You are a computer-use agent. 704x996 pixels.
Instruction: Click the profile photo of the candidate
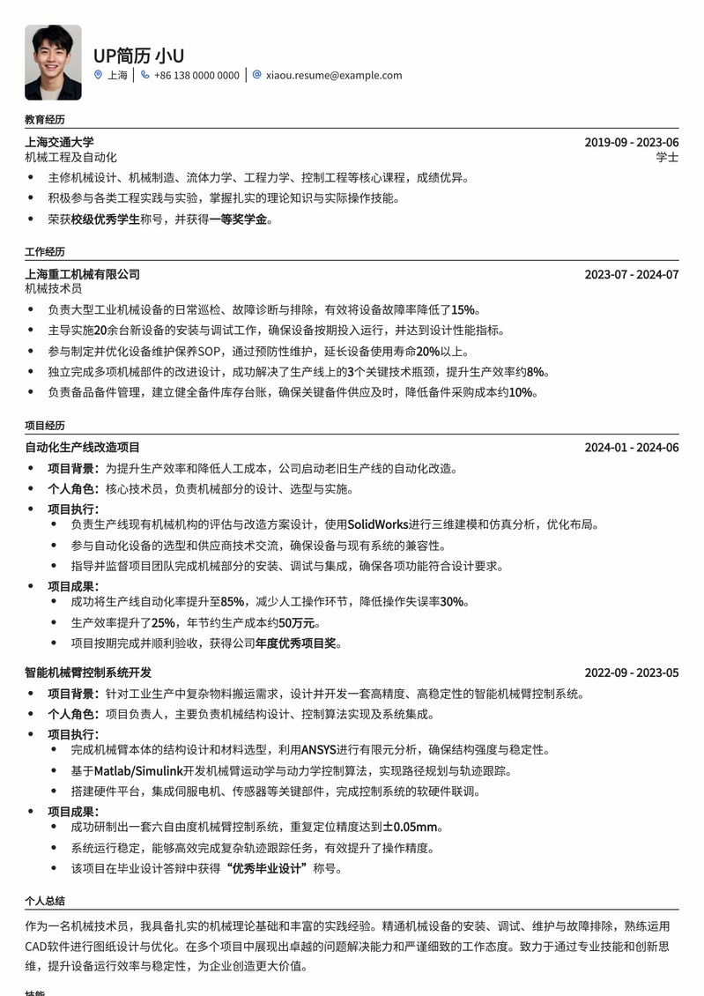[x=53, y=62]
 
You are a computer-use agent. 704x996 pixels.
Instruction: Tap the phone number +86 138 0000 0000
[x=196, y=76]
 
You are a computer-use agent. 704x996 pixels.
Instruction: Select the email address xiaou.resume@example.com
[x=334, y=76]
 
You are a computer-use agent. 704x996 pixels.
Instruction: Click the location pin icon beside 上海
[x=98, y=76]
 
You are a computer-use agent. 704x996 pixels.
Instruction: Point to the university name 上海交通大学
[x=59, y=142]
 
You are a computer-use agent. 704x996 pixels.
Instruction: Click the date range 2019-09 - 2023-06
[x=632, y=142]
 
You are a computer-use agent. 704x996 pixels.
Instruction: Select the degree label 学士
[x=667, y=158]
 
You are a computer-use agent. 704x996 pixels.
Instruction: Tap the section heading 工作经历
[x=45, y=252]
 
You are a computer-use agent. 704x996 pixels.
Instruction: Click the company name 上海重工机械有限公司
[x=82, y=274]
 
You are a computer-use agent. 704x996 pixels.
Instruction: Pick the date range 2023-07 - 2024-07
[x=632, y=274]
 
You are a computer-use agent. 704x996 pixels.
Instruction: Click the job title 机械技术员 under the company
[x=53, y=289]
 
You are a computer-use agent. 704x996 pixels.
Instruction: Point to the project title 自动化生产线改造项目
[x=82, y=448]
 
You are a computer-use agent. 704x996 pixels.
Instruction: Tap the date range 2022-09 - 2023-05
[x=632, y=673]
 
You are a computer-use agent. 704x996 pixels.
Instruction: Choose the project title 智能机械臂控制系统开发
[x=88, y=673]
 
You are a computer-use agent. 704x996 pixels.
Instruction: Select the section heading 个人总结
[x=45, y=902]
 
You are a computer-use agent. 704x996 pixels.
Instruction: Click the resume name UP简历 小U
[x=138, y=56]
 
